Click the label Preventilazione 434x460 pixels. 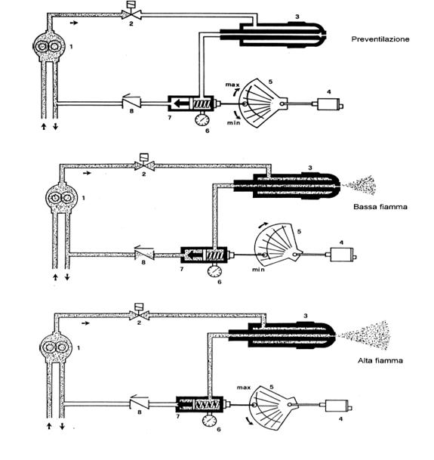click(x=380, y=39)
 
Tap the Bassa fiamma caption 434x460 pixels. click(x=380, y=207)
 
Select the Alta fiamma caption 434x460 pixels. click(x=380, y=360)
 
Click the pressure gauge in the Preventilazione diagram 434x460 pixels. click(x=202, y=119)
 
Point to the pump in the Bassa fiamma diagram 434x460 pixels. click(x=61, y=198)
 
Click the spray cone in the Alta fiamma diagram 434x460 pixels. click(x=365, y=335)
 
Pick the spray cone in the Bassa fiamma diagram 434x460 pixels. click(x=360, y=185)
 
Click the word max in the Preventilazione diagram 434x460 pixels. click(x=232, y=85)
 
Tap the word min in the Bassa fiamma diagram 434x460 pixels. click(x=258, y=270)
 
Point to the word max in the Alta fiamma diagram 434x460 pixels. click(x=244, y=387)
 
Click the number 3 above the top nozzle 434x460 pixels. click(x=297, y=17)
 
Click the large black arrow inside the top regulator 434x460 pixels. click(x=181, y=103)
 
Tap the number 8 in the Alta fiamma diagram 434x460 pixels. click(x=140, y=412)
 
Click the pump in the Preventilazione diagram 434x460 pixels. click(x=49, y=46)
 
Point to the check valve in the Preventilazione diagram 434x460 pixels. click(x=131, y=101)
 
